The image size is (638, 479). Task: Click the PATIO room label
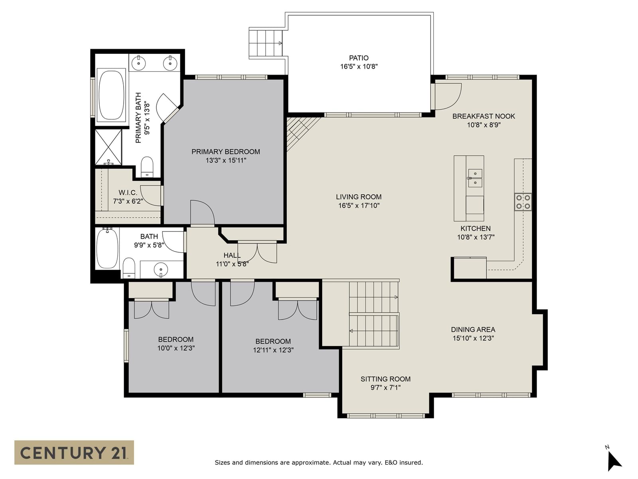tap(358, 58)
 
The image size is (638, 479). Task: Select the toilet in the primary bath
tap(147, 167)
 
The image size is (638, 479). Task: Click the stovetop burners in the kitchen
tap(523, 202)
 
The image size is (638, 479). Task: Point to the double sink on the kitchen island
tap(475, 178)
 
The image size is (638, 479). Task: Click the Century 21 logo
tap(74, 452)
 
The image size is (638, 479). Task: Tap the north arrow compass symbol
tap(614, 461)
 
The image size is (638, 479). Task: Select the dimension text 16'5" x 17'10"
tap(358, 206)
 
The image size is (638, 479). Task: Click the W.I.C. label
tap(128, 192)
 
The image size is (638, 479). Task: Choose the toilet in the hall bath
tap(129, 267)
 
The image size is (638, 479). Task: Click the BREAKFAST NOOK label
tap(484, 116)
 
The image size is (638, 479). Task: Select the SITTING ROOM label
tap(386, 379)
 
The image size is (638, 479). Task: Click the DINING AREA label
tap(473, 330)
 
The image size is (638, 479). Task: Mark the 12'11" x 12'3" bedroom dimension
tap(273, 350)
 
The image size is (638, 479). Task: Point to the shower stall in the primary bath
tap(108, 147)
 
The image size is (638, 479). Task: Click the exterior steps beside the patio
tap(266, 43)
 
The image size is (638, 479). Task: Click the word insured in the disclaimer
tap(411, 462)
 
